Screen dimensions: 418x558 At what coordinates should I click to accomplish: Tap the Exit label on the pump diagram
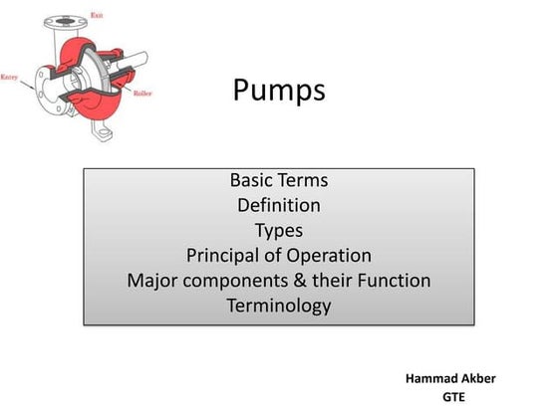click(96, 16)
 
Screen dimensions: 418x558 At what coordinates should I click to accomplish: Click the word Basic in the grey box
click(255, 181)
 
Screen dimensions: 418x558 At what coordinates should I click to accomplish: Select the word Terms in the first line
click(306, 181)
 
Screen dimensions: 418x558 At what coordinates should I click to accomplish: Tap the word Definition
click(279, 206)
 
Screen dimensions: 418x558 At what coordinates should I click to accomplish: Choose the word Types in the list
click(279, 231)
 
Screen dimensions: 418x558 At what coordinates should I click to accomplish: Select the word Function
click(391, 281)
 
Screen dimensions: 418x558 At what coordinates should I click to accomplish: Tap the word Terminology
click(279, 306)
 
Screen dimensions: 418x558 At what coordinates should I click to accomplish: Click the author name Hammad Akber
click(451, 379)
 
